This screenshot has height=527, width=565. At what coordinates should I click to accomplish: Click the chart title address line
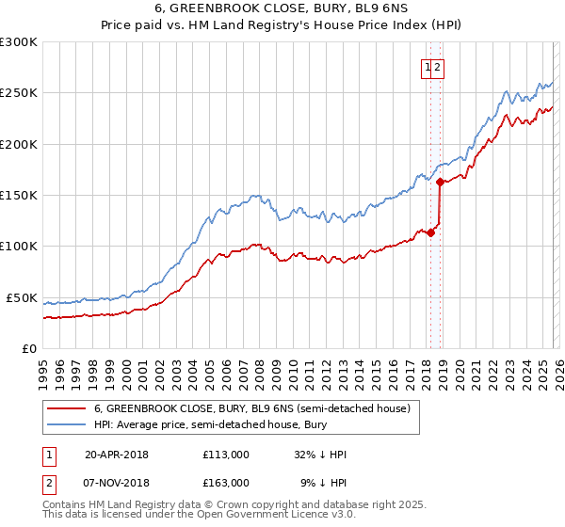(x=282, y=8)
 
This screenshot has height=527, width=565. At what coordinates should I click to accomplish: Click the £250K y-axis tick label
(x=19, y=93)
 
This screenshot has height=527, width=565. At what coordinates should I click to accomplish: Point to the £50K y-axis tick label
(x=22, y=297)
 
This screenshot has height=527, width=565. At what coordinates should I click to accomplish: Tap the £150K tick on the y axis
(x=19, y=195)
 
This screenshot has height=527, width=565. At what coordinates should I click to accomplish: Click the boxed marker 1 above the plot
(x=428, y=67)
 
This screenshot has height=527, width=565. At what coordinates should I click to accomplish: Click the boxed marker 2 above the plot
(x=439, y=67)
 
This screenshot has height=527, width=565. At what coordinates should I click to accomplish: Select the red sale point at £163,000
(x=440, y=183)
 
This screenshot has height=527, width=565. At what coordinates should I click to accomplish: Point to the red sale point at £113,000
(x=430, y=233)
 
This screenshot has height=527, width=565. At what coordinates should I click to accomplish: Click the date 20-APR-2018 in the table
(x=117, y=455)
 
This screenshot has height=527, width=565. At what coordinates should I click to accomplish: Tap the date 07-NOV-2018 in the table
(x=117, y=482)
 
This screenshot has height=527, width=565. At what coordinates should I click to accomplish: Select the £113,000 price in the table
(x=226, y=455)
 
